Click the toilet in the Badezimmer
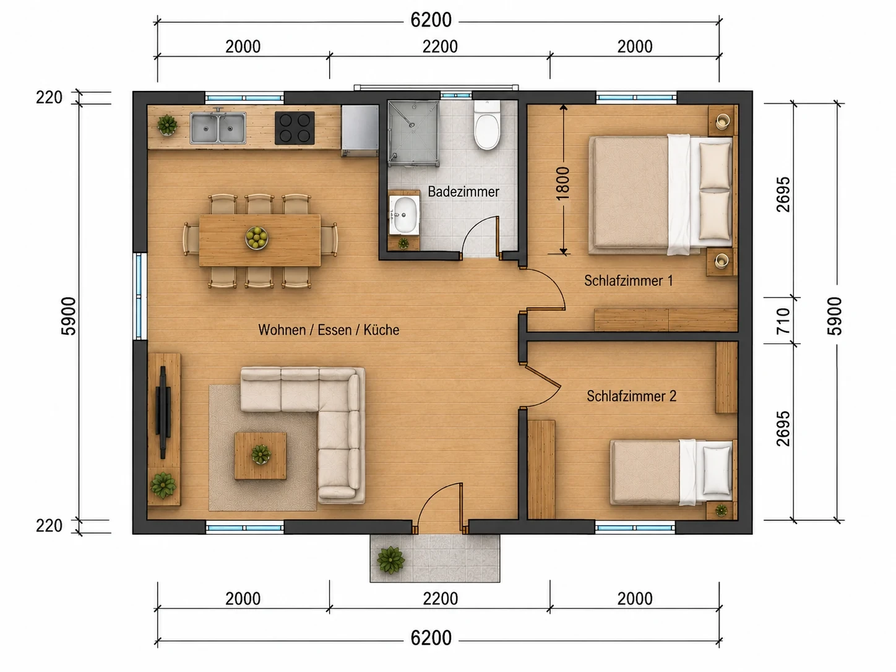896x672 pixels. pyautogui.click(x=486, y=125)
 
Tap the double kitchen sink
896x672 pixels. pyautogui.click(x=218, y=128)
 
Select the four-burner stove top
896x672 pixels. pyautogui.click(x=295, y=128)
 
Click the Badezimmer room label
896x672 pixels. pyautogui.click(x=463, y=192)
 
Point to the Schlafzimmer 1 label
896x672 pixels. pyautogui.click(x=628, y=281)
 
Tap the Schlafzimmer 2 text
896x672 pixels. pyautogui.click(x=632, y=396)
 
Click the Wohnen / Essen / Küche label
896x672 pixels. pyautogui.click(x=329, y=330)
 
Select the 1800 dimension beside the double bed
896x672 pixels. pyautogui.click(x=562, y=183)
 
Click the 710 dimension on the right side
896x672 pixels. pyautogui.click(x=783, y=321)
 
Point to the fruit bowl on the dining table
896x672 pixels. pyautogui.click(x=256, y=238)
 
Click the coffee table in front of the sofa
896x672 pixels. pyautogui.click(x=260, y=456)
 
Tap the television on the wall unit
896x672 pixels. pyautogui.click(x=163, y=412)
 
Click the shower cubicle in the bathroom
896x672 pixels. pyautogui.click(x=413, y=134)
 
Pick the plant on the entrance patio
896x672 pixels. pyautogui.click(x=390, y=560)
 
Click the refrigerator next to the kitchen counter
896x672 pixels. pyautogui.click(x=360, y=131)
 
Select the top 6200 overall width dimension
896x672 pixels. pyautogui.click(x=431, y=20)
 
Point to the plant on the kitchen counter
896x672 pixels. pyautogui.click(x=167, y=124)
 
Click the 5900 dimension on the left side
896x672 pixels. pyautogui.click(x=69, y=316)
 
